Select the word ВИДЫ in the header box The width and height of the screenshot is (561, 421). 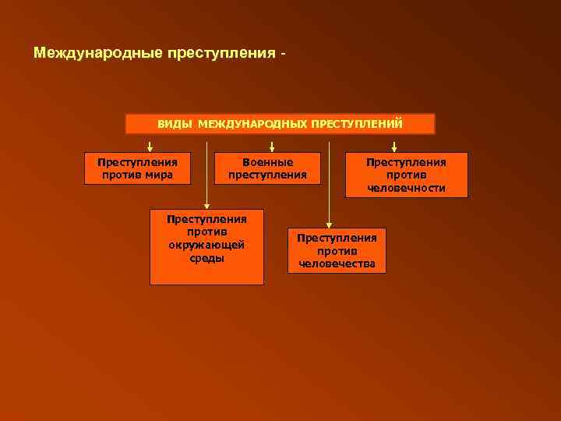175,124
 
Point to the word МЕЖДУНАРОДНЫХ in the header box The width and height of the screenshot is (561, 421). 252,124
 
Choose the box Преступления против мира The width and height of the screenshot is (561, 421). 137,168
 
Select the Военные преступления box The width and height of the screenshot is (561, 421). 267,168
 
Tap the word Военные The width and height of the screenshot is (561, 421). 267,162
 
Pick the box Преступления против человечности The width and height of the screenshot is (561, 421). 407,175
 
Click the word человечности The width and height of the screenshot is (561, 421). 407,188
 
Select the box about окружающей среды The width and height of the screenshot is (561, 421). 206,246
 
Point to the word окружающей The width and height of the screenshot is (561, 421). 206,246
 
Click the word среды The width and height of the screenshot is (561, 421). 206,258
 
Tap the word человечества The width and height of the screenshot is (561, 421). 336,264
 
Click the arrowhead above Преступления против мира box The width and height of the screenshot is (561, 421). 150,147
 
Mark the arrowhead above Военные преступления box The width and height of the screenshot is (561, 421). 271,147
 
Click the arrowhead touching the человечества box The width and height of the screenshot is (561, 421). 329,225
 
